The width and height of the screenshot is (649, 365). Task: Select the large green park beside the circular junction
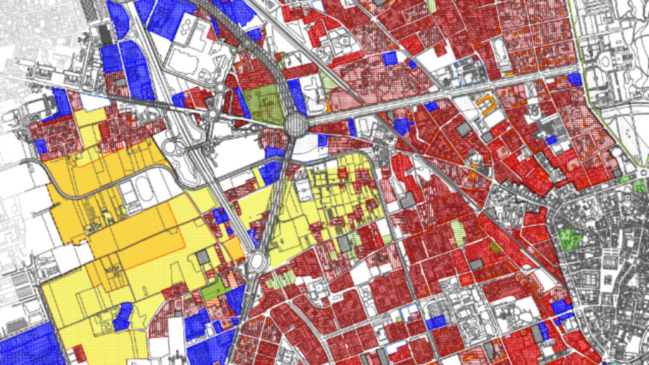click(x=264, y=104)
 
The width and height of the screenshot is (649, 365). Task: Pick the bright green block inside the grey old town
click(x=570, y=239)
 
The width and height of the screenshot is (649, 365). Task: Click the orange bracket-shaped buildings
click(x=486, y=103)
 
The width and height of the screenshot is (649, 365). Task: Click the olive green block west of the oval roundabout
click(x=216, y=290)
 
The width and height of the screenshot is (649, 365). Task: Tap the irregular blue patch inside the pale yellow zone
click(x=123, y=316)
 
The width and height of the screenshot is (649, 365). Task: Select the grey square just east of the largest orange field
click(x=203, y=257)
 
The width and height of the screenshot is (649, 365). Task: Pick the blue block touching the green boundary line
click(x=574, y=79)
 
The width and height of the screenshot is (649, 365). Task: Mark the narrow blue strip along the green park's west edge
click(x=242, y=102)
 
